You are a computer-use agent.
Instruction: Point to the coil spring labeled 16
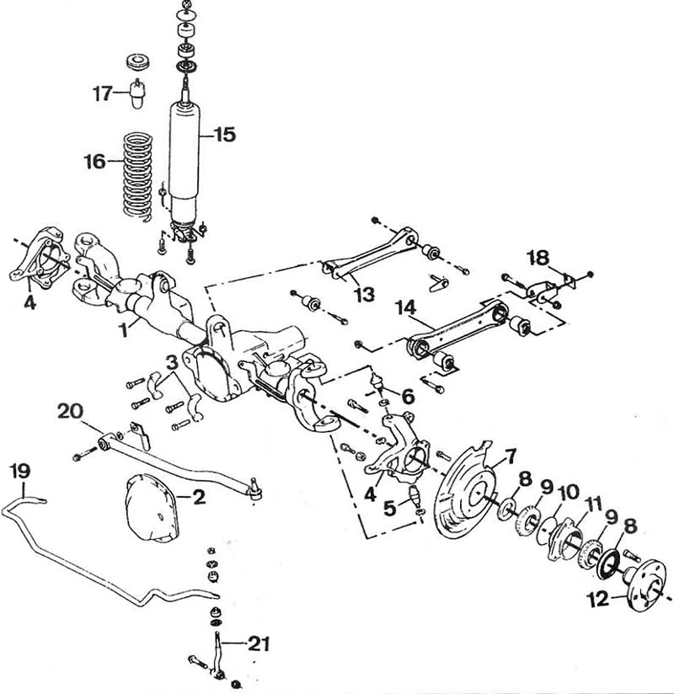click(137, 176)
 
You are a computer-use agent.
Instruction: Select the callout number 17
click(102, 93)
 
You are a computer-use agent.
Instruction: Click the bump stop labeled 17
click(138, 93)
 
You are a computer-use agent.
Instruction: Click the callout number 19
click(20, 471)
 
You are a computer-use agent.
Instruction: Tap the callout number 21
click(259, 643)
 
